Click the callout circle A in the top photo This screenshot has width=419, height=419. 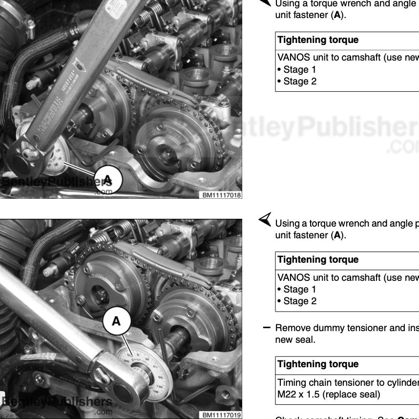click(x=107, y=180)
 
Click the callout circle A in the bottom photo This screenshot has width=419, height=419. click(x=116, y=321)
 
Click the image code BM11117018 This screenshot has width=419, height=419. click(x=222, y=195)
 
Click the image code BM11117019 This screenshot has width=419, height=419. click(x=222, y=415)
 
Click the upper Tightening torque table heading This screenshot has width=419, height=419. click(x=318, y=40)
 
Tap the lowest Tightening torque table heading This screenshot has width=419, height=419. click(x=318, y=364)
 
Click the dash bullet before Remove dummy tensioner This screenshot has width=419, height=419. click(x=267, y=327)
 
